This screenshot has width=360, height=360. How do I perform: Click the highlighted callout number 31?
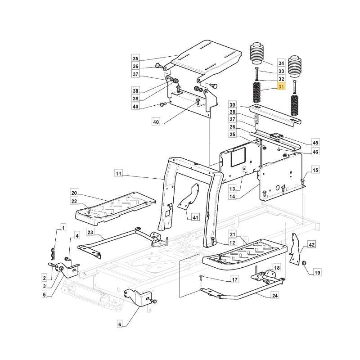pyautogui.click(x=281, y=87)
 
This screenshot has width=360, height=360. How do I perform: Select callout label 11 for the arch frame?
pyautogui.click(x=118, y=173)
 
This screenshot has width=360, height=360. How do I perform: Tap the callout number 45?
pyautogui.click(x=315, y=143)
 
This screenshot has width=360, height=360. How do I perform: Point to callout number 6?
pyautogui.click(x=120, y=324)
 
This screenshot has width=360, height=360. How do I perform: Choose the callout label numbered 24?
pyautogui.click(x=274, y=296)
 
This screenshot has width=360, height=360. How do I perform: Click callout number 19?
pyautogui.click(x=317, y=273)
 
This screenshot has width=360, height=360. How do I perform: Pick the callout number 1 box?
pyautogui.click(x=63, y=228)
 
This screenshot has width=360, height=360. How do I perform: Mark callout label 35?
pyautogui.click(x=136, y=58)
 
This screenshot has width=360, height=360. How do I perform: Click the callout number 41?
pyautogui.click(x=196, y=217)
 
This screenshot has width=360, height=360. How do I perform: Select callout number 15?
pyautogui.click(x=315, y=170)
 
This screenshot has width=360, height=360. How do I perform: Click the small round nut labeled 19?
pyautogui.click(x=304, y=263)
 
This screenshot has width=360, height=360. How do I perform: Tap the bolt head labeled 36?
pyautogui.click(x=159, y=66)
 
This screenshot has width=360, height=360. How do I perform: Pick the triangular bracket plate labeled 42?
pyautogui.click(x=296, y=248)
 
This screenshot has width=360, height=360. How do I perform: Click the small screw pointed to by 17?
pyautogui.click(x=201, y=277)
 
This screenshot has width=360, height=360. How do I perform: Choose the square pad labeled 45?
pyautogui.click(x=277, y=136)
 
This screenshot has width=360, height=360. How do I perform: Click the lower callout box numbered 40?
pyautogui.click(x=156, y=122)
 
